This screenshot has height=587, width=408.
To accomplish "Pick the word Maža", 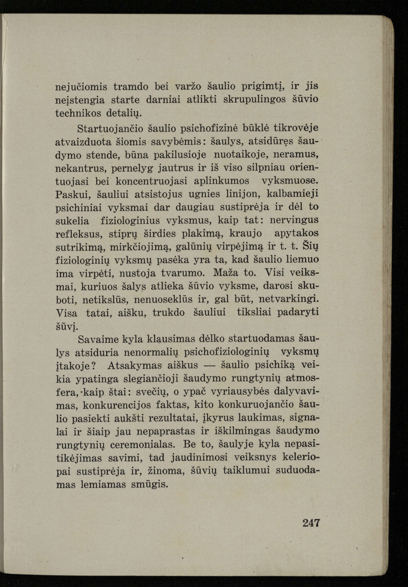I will (x=226, y=273).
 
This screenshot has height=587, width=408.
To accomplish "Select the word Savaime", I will (x=97, y=339).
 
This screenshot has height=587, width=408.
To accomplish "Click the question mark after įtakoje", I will (x=94, y=366).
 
